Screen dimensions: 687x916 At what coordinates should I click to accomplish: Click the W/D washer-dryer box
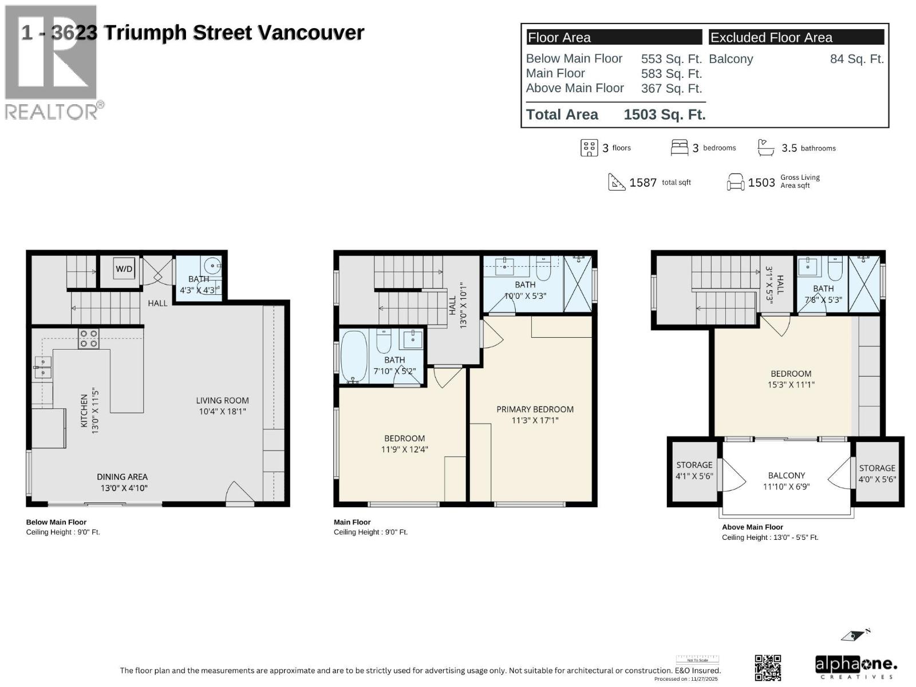pos(124,269)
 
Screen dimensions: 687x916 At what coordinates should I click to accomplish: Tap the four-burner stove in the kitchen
pos(88,338)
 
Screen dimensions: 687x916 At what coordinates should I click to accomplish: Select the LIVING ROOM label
pos(222,401)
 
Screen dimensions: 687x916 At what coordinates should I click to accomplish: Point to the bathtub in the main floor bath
pos(353,357)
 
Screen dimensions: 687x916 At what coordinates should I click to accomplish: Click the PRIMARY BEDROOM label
pos(535,409)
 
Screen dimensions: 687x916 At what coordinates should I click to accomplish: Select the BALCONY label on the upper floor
pos(786,475)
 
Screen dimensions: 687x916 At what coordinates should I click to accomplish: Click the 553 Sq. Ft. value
pos(671,59)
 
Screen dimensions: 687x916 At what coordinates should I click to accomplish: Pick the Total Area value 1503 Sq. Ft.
pos(664,114)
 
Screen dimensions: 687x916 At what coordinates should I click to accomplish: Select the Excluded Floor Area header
pos(771,38)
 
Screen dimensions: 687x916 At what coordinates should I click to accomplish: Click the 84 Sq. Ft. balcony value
pos(856,59)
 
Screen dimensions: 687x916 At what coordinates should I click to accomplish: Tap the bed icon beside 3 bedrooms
pos(679,148)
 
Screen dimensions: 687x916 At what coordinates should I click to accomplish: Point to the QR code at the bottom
pos(768,668)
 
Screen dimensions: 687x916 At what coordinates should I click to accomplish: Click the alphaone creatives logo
pos(855,667)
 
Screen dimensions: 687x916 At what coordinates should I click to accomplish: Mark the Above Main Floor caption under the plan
pos(752,527)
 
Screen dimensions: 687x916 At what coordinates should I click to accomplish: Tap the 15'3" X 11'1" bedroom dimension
pos(791,385)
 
